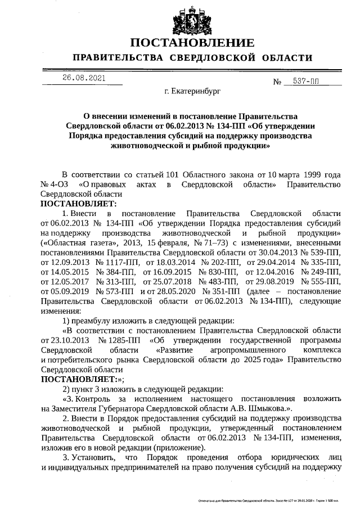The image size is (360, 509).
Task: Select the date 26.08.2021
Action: coord(84,78)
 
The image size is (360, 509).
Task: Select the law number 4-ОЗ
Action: coord(60,184)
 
